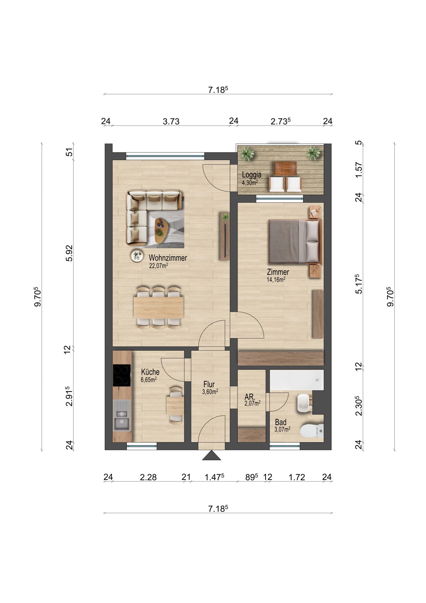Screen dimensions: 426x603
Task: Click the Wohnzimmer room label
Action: click(x=168, y=258)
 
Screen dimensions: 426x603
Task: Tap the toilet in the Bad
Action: click(x=312, y=431)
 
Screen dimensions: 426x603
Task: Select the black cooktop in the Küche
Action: click(x=122, y=376)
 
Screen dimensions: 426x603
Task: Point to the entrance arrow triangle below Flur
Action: click(x=211, y=455)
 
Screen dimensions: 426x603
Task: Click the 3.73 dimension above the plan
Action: click(x=171, y=122)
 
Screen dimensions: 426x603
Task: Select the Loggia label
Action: click(x=252, y=174)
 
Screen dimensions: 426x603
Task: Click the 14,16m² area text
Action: click(x=276, y=280)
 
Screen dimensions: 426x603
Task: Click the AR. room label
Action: click(x=250, y=397)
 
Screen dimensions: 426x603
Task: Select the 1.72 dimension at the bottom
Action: click(x=297, y=477)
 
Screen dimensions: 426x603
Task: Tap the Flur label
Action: click(x=209, y=385)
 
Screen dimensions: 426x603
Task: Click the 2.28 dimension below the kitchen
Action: click(x=148, y=477)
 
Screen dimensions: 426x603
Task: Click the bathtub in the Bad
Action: click(x=297, y=380)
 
